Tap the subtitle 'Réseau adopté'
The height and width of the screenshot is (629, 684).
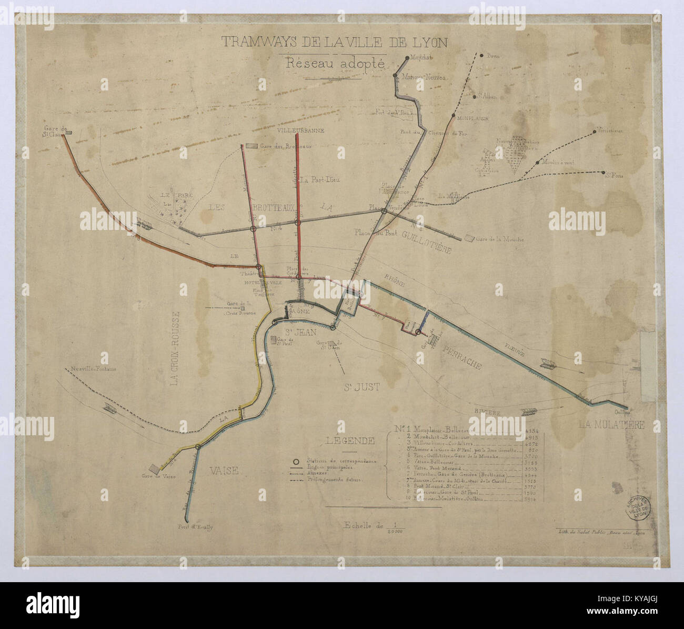point(334,63)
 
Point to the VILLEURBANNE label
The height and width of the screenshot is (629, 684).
point(300,129)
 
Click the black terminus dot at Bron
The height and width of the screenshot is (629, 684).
point(481,54)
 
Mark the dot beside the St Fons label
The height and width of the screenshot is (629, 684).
point(601,172)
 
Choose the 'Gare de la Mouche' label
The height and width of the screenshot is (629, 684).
point(500,239)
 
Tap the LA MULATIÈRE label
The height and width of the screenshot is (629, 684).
point(610,425)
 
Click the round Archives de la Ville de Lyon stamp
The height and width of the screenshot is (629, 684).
point(638,508)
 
